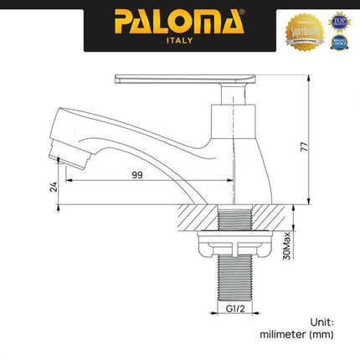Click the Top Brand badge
click(x=339, y=20)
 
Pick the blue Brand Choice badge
click(x=339, y=40)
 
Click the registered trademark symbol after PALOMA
click(x=243, y=11)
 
